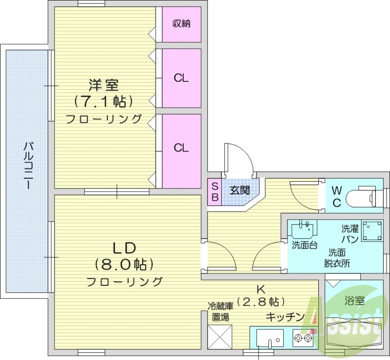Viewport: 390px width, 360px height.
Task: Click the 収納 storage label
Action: coord(181,23)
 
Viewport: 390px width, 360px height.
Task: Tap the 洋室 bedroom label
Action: coord(103,85)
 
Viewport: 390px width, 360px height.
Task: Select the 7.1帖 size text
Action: coord(103,101)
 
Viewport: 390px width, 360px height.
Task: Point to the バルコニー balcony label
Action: coord(28,166)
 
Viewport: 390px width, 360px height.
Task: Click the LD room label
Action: coord(124,248)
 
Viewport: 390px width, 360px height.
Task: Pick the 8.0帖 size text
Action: coord(124,265)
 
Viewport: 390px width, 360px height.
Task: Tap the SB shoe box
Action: coord(214,190)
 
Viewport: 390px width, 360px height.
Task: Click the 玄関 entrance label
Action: coord(239,190)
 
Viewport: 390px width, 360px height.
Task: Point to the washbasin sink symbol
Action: coord(303,229)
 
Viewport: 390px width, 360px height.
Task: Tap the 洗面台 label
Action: coord(305,245)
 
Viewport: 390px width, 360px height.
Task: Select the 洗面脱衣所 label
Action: coord(337,258)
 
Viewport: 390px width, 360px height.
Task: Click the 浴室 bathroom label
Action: coord(353,300)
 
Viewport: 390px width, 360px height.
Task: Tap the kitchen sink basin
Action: coord(270,337)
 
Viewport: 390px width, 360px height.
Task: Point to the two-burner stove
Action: coord(302,337)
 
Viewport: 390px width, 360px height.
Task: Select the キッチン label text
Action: coord(285,317)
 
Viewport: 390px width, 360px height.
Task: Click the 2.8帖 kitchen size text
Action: coord(261,301)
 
